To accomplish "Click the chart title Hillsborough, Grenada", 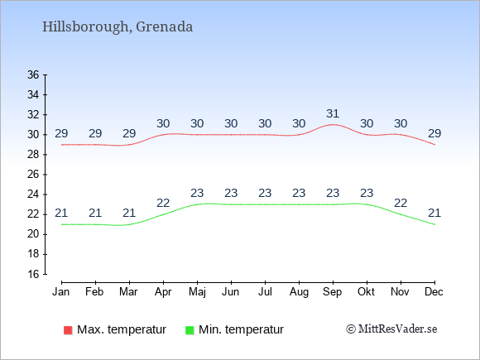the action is pos(118,27).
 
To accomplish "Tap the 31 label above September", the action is pos(333,113).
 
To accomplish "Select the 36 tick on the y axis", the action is pos(33,74).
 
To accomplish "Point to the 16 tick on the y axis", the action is pos(33,274).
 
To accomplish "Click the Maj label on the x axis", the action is pos(197,292).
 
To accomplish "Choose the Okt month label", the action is pos(366,292).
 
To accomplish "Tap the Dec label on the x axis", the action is pos(434,292).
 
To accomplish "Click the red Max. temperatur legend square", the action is pos(68,330).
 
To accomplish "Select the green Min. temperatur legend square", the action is pos(190,330).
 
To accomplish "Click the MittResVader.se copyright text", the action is pos(391,329).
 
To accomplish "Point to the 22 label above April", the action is pos(163,203).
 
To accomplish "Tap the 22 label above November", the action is pos(401,203).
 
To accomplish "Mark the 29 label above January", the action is pos(61,133).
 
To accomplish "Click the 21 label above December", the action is pos(434,213).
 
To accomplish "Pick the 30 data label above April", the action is pos(163,123).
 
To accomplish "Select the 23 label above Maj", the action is pos(197,193).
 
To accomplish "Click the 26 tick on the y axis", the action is pos(33,175).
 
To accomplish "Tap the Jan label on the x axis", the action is pos(61,292).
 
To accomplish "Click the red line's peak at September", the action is pos(333,125).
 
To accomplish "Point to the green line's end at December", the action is pos(434,224).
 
